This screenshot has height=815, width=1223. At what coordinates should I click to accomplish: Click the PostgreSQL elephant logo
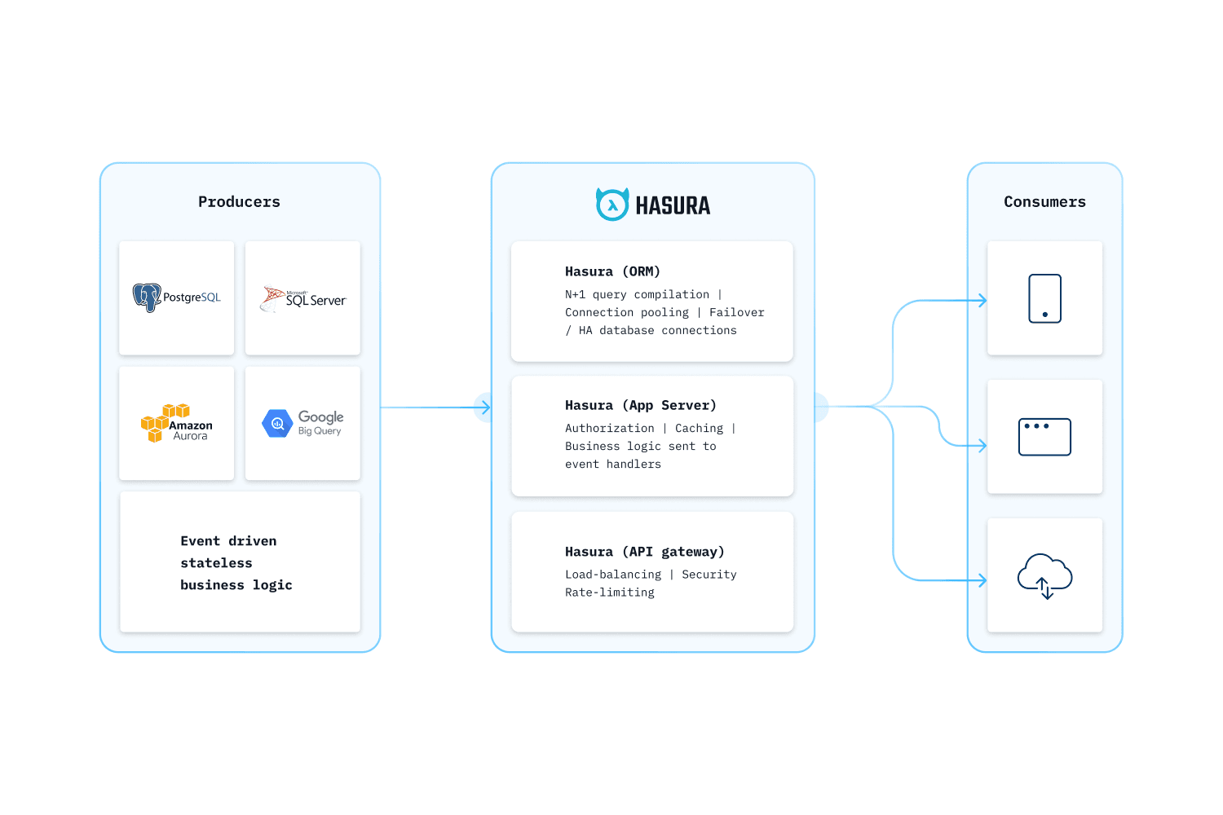[148, 297]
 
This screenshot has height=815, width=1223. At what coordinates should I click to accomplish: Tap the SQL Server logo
[302, 299]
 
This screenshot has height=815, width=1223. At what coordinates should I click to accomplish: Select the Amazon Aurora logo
[176, 423]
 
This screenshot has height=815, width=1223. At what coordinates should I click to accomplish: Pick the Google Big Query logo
[302, 423]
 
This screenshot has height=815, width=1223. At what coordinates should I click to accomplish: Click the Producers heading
[239, 202]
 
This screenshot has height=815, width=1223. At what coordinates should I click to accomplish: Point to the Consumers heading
[1044, 202]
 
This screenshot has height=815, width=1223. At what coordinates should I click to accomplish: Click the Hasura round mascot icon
[612, 205]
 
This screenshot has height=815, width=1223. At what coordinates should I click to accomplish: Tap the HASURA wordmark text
[673, 206]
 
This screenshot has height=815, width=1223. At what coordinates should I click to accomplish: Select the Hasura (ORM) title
[612, 271]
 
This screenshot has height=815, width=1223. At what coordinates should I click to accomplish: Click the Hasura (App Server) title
[640, 405]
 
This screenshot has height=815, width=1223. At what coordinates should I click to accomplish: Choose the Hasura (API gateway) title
[644, 552]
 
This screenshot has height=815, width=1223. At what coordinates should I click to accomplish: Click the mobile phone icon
[1044, 298]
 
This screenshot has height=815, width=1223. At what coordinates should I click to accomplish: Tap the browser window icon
[1044, 437]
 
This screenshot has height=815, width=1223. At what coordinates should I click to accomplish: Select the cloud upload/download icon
[1044, 575]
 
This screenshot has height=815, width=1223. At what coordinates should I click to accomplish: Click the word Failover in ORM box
[736, 312]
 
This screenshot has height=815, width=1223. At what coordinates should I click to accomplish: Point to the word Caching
[699, 428]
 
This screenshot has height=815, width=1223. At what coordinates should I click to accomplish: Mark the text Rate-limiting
[609, 593]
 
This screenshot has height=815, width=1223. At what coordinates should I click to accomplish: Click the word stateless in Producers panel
[216, 563]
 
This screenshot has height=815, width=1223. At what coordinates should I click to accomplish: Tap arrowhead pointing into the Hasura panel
[487, 407]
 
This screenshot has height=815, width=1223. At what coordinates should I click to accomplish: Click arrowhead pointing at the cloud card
[982, 580]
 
